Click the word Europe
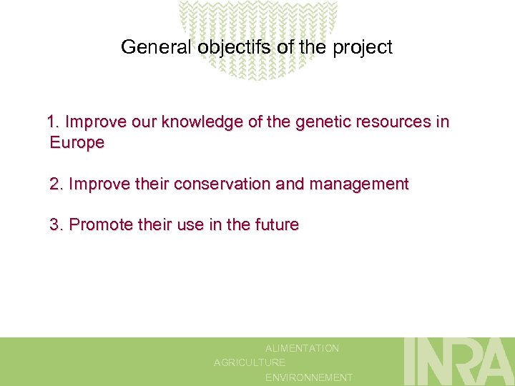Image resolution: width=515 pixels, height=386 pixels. click(x=77, y=143)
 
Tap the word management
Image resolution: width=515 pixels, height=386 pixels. click(x=359, y=184)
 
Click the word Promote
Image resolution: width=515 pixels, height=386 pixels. click(x=99, y=224)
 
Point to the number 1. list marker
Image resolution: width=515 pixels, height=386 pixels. click(x=54, y=122)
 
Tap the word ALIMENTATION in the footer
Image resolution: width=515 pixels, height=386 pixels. click(x=302, y=348)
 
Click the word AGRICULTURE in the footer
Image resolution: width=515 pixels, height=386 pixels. click(x=250, y=362)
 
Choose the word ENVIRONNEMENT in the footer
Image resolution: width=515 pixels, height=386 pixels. click(x=308, y=377)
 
